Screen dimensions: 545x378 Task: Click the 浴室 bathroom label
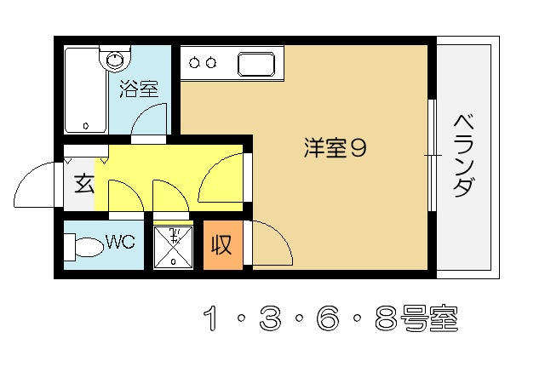click(139, 89)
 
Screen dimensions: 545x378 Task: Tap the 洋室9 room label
click(335, 148)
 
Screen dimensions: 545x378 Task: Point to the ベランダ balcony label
click(464, 156)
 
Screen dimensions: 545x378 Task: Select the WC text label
click(120, 242)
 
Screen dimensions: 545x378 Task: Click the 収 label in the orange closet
click(221, 244)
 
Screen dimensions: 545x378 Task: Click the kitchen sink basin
click(256, 64)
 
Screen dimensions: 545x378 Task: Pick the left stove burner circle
click(194, 63)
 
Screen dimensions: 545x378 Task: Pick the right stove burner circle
click(210, 63)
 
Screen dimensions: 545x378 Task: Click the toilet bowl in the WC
click(89, 247)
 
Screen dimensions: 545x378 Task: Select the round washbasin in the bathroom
click(115, 60)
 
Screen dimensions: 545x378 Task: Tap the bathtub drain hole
click(85, 125)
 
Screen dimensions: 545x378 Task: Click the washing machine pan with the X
click(173, 248)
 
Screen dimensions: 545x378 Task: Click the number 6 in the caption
click(328, 318)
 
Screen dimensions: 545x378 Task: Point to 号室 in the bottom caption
click(429, 318)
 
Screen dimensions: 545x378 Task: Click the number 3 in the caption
click(270, 318)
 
